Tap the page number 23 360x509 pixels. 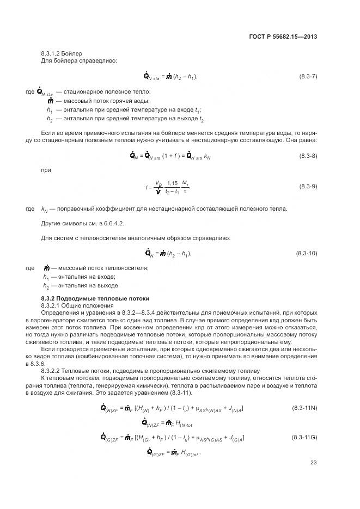point(313,463)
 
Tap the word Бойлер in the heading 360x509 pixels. point(74,53)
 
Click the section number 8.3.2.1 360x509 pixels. point(52,306)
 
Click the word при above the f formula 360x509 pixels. point(46,171)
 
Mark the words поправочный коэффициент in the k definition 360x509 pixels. point(91,209)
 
